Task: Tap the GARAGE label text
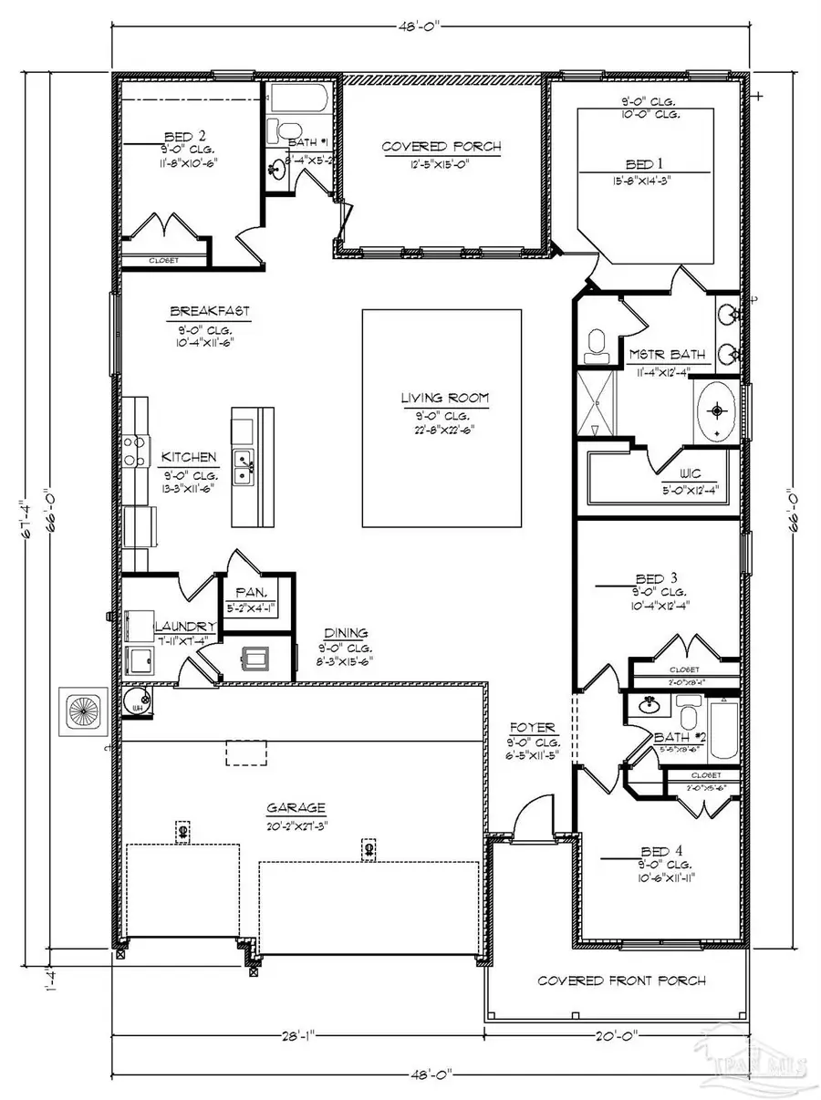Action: coord(296,807)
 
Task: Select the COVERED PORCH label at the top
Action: coord(441,146)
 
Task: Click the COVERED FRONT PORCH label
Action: coord(621,981)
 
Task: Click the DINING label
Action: coord(347,632)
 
